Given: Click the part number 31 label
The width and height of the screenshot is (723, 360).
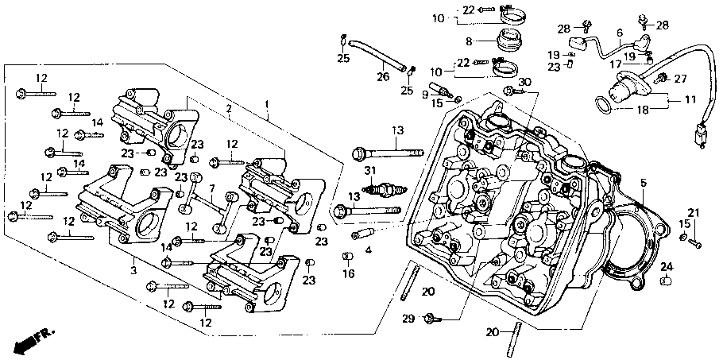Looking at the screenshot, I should click(369, 172).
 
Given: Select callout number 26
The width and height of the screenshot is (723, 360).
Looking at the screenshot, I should click(382, 77).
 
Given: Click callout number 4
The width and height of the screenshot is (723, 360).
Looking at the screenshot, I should click(368, 250).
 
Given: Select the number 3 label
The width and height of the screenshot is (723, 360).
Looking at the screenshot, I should click(133, 271).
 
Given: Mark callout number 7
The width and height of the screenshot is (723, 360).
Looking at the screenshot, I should click(212, 188).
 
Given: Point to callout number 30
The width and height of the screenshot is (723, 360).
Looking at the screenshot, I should click(524, 82).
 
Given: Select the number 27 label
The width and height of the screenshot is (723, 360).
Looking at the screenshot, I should click(680, 79).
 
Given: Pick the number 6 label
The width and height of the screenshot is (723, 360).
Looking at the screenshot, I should click(619, 32).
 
